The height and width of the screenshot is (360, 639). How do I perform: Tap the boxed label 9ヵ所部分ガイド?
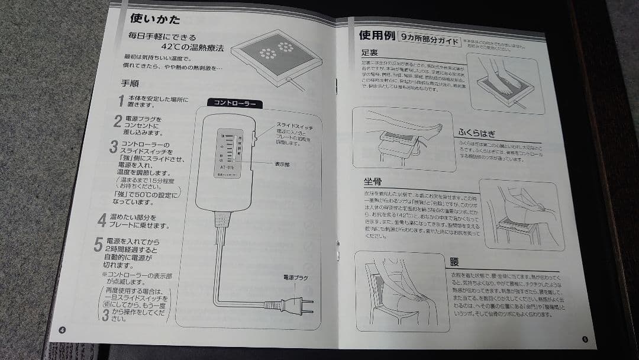[430, 41]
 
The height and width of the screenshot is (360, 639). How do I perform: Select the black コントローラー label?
[235, 104]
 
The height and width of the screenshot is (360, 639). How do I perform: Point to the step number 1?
[121, 101]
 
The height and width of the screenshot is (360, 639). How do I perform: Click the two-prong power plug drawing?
[296, 304]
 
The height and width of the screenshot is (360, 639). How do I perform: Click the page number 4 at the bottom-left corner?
[62, 330]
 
